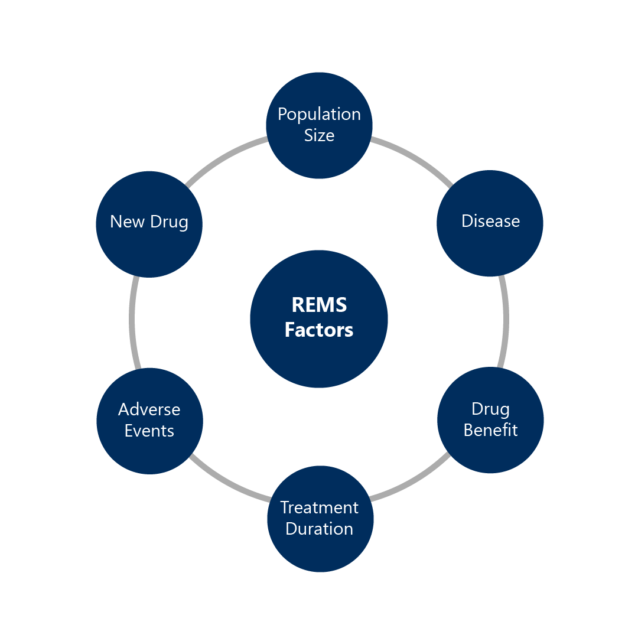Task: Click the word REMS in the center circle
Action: coord(319,305)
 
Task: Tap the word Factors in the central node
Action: coord(319,330)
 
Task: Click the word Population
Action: coord(319,114)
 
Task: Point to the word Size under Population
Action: coord(319,135)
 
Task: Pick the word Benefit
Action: coord(490,430)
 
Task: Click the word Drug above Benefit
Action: coord(490,409)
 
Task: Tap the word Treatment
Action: coord(319,507)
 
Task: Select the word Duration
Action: coord(319,529)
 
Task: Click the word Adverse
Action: coord(149,409)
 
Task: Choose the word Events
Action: coord(149,431)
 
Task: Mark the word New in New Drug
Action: coord(126,222)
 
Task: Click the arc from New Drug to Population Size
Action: coord(224,157)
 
